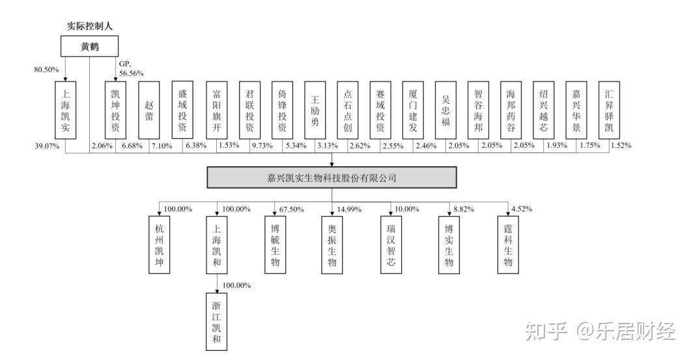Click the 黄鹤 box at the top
pyautogui.click(x=89, y=46)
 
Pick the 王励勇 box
pyautogui.click(x=314, y=111)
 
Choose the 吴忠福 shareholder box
pyautogui.click(x=445, y=111)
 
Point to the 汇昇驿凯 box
pyautogui.click(x=608, y=111)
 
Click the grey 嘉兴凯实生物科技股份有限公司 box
pyautogui.click(x=332, y=177)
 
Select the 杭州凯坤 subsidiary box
pyautogui.click(x=160, y=245)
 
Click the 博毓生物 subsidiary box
pyautogui.click(x=274, y=245)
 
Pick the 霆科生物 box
pyautogui.click(x=508, y=245)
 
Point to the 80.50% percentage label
pyautogui.click(x=46, y=69)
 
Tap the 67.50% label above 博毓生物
pyautogui.click(x=292, y=209)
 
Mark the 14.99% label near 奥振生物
pyautogui.click(x=349, y=209)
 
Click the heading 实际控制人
pyautogui.click(x=90, y=26)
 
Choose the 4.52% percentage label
pyautogui.click(x=522, y=209)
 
